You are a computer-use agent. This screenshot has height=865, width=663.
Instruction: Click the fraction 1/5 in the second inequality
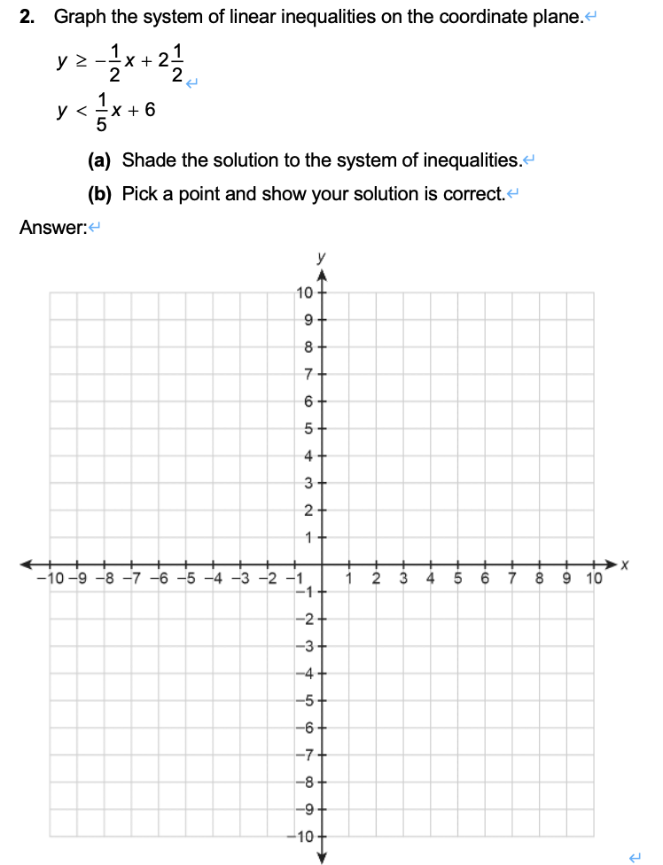102,111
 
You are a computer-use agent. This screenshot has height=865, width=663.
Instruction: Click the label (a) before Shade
99,160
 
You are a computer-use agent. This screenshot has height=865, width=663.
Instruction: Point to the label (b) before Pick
99,193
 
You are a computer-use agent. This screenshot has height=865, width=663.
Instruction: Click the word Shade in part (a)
146,160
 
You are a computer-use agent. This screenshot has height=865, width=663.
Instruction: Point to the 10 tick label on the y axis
303,293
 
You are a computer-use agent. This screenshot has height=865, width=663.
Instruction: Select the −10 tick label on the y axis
300,837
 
